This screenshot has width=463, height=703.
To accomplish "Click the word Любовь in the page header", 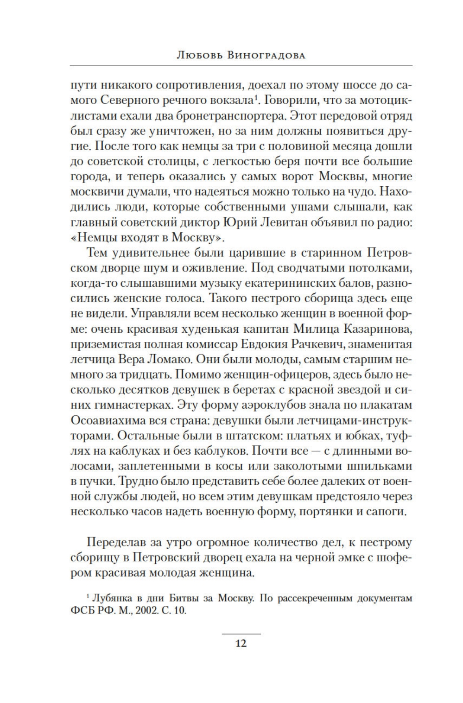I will coord(193,56).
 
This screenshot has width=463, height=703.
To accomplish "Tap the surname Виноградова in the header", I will coord(266,56).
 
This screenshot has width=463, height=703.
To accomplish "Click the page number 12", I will coord(241,644).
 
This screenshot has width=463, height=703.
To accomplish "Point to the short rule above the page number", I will coord(241,633).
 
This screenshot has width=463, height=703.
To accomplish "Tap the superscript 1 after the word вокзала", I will coord(256,97).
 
